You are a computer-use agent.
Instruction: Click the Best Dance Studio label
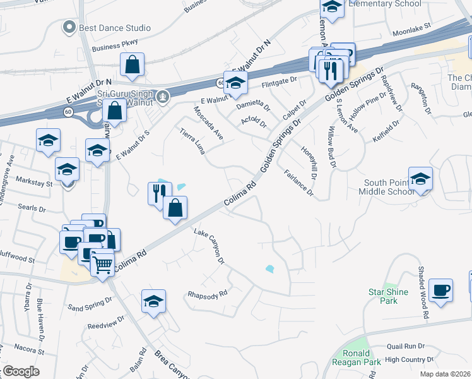point(114,28)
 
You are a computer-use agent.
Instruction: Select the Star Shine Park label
point(388,296)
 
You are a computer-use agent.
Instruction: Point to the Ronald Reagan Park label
point(357,358)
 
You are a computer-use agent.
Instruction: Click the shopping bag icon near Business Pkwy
point(132,65)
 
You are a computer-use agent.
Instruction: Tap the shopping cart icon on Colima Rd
point(102,263)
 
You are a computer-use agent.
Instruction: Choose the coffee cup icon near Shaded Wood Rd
point(440,291)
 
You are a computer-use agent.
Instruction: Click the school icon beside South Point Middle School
point(420,179)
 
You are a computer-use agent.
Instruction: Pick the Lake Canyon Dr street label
point(209,246)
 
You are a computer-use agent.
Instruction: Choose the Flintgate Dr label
point(279,81)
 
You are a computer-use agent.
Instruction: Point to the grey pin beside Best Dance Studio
point(69,27)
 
